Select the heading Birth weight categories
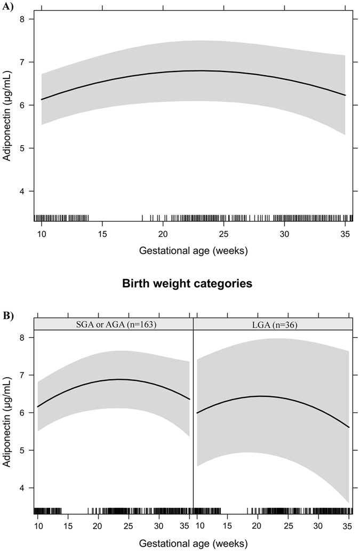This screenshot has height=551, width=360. tap(193, 284)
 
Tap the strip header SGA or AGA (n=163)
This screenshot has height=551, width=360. tap(113, 324)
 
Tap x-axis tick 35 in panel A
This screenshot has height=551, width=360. tap(345, 235)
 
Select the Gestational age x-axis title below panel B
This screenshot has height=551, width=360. tap(193, 543)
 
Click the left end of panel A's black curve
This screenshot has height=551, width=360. tap(42, 99)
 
